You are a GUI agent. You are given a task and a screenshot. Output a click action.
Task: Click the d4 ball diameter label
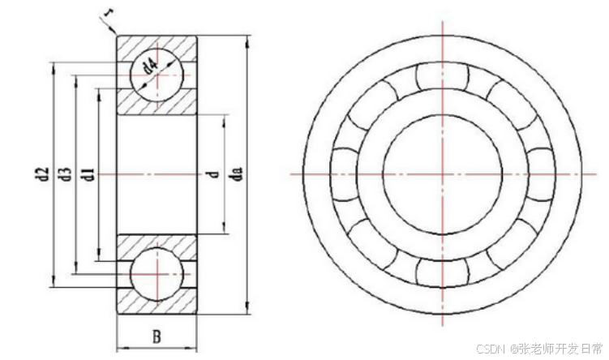(151, 66)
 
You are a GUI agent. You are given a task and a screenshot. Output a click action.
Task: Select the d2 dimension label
(46, 174)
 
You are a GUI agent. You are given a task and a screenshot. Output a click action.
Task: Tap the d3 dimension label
(67, 174)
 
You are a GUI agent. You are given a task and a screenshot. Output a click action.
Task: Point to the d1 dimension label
(89, 174)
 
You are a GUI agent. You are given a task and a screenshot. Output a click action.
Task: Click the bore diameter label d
(215, 174)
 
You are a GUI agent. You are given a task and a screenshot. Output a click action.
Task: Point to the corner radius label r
(106, 14)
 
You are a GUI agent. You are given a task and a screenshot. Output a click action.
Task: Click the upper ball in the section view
(157, 75)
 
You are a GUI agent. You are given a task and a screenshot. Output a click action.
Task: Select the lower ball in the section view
(157, 274)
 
